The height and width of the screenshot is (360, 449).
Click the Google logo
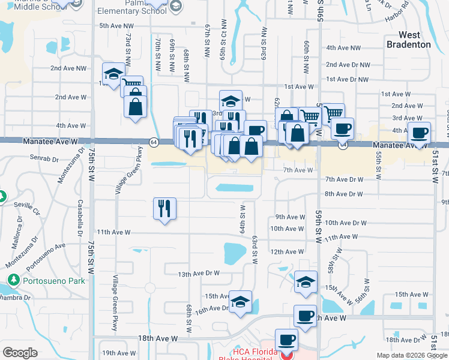pyautogui.click(x=20, y=353)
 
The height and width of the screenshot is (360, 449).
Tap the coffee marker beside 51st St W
pyautogui.click(x=421, y=133)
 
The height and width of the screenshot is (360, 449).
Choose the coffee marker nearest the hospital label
pyautogui.click(x=286, y=340)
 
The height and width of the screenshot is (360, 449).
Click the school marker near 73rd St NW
pyautogui.click(x=113, y=74)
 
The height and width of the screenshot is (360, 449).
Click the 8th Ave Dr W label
pyautogui.click(x=344, y=194)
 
